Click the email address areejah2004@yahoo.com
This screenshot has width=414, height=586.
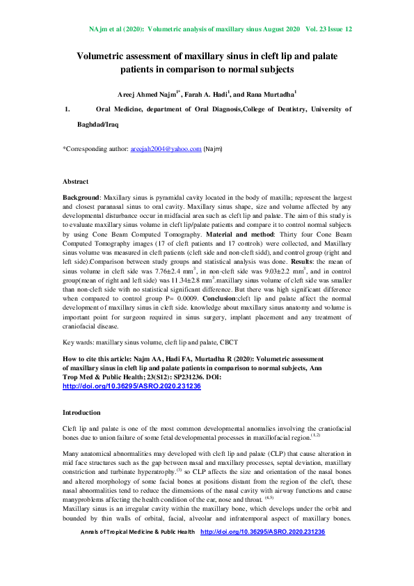pos(166,149)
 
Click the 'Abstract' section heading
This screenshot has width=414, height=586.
pos(76,181)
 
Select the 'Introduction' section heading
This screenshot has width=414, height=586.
pos(81,413)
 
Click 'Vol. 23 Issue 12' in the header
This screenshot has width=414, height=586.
pos(328,30)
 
